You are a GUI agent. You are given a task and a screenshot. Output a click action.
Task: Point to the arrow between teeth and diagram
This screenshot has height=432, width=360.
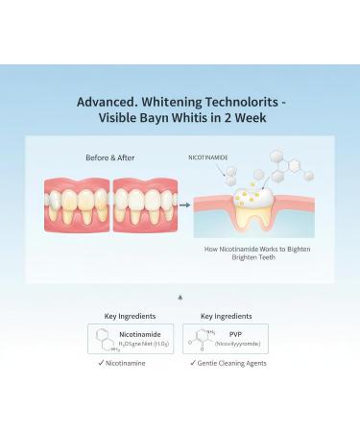tap(183, 204)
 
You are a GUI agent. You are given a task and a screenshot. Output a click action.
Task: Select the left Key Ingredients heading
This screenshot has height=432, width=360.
tap(130, 315)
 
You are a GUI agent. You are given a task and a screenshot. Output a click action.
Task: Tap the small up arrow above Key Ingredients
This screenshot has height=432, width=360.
tap(180, 298)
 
